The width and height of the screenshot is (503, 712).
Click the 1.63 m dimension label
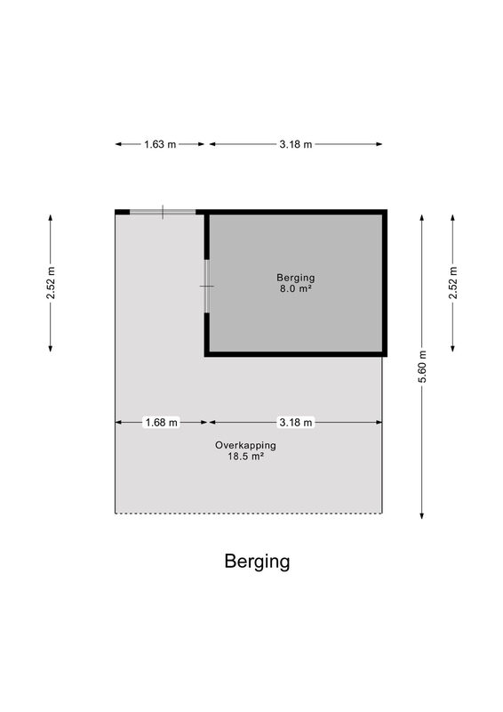click(160, 144)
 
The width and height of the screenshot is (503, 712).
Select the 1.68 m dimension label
click(161, 423)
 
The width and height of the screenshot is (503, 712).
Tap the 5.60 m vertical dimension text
click(422, 367)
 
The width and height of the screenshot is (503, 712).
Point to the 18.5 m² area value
click(246, 457)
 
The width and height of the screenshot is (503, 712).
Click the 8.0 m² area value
click(296, 288)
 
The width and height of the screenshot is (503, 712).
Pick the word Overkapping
click(245, 446)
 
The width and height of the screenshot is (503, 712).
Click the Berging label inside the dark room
click(296, 278)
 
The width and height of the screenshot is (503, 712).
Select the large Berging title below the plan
click(257, 562)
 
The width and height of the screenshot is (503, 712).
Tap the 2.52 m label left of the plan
click(51, 283)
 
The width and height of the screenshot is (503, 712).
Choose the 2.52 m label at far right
click(452, 283)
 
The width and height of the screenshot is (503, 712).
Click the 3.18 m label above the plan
click(296, 144)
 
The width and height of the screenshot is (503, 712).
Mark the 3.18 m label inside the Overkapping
click(296, 423)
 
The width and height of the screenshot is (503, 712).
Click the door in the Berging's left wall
click(207, 286)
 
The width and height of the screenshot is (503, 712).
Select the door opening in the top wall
click(163, 212)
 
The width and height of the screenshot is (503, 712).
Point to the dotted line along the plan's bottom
click(249, 514)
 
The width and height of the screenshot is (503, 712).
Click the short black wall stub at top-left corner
click(123, 212)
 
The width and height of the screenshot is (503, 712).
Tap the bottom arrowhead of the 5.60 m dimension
click(422, 515)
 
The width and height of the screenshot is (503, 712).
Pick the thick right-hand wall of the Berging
click(385, 283)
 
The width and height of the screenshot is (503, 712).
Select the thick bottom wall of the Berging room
click(296, 354)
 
